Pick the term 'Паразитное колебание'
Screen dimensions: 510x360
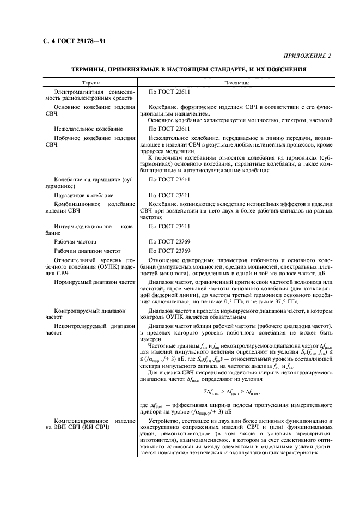tap(83, 195)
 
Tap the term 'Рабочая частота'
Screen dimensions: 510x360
tap(76, 240)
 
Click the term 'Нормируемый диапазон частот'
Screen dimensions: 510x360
tap(94, 282)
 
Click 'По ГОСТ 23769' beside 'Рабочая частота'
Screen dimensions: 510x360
tap(169, 240)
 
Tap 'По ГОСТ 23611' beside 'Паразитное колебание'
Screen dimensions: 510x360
tap(169, 195)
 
